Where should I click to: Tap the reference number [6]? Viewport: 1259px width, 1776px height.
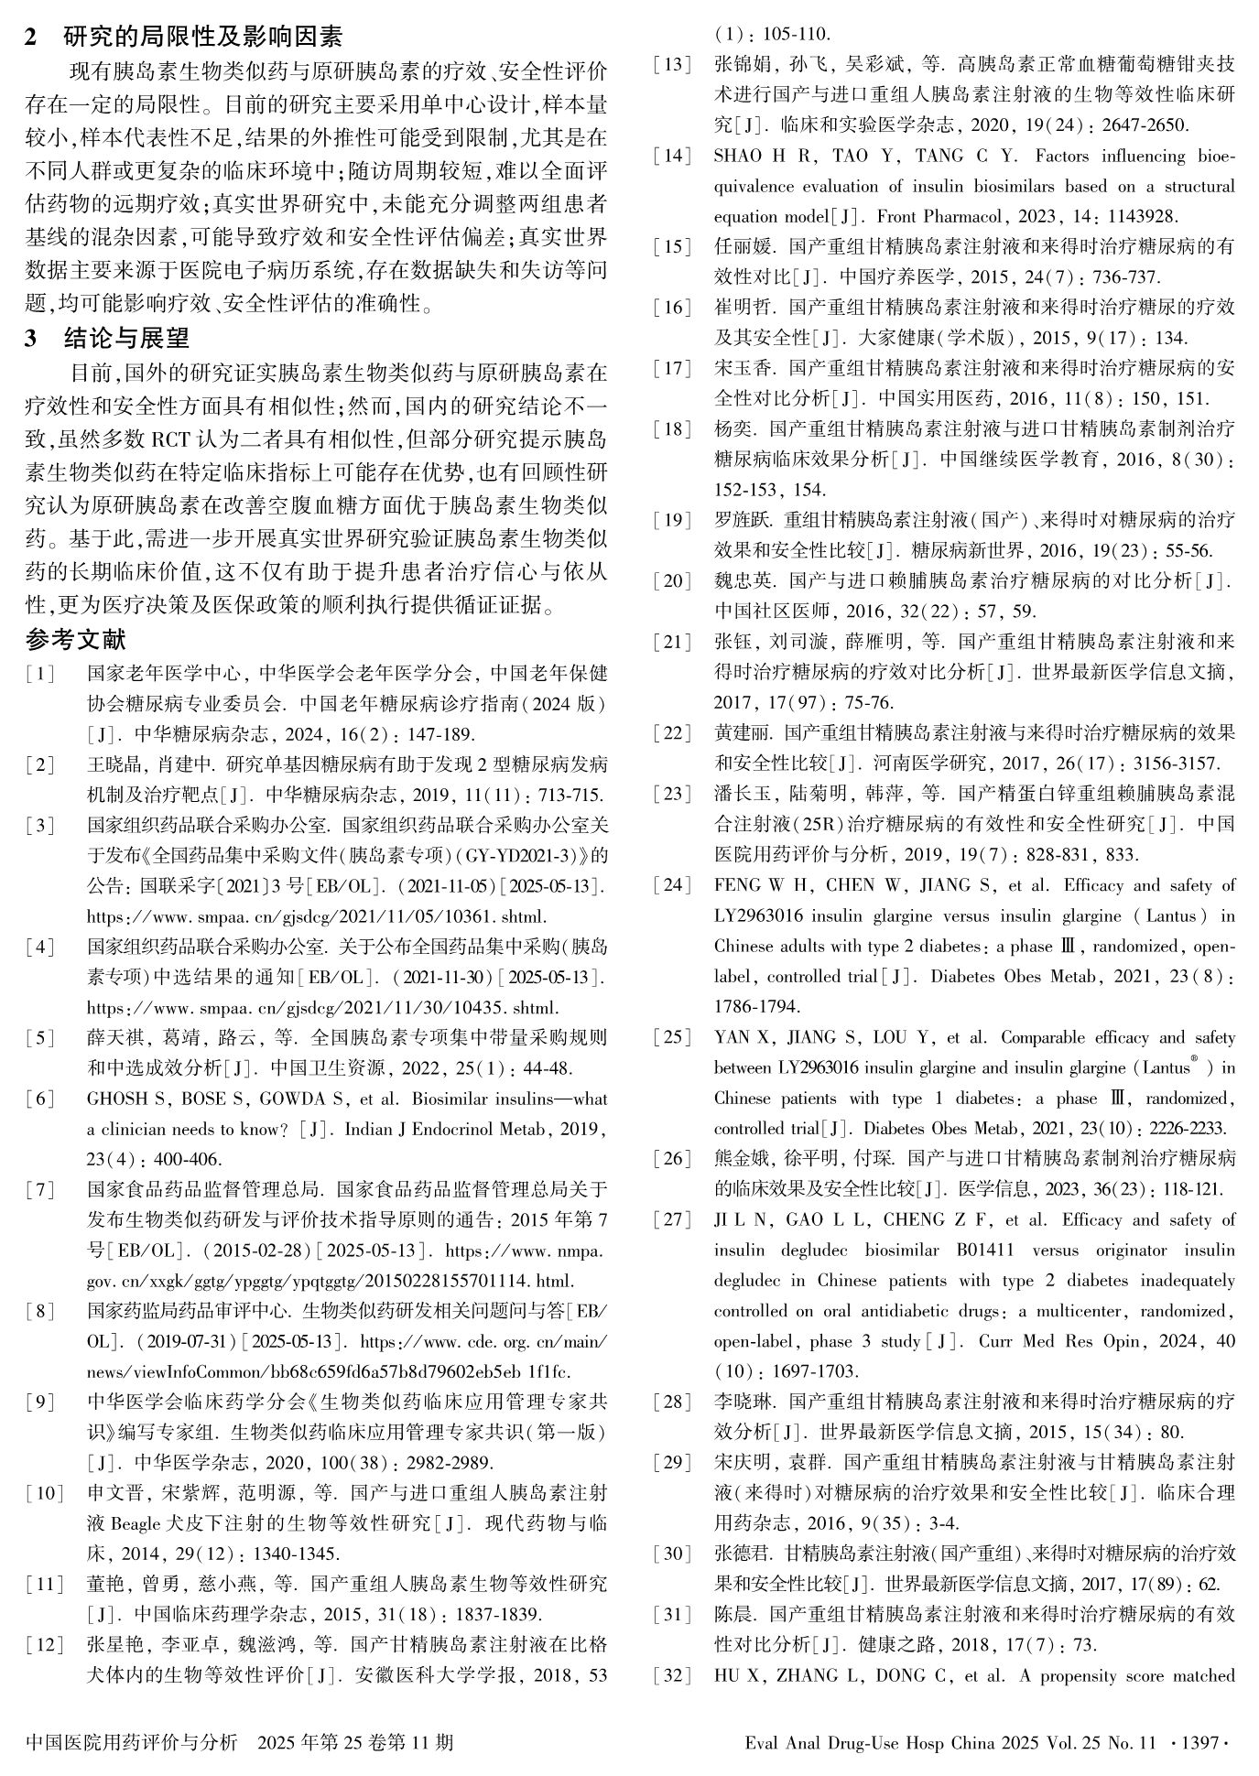pos(41,1099)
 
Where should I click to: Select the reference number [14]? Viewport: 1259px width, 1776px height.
pos(672,156)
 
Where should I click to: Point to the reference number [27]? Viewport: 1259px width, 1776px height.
pos(672,1220)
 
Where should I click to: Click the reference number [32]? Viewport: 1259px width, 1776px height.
pos(672,1676)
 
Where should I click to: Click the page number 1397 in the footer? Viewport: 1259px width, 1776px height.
pos(1199,1742)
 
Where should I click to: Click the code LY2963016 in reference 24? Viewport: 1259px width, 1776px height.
pos(759,915)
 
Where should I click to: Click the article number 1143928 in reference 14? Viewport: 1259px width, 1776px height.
pos(1136,217)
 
